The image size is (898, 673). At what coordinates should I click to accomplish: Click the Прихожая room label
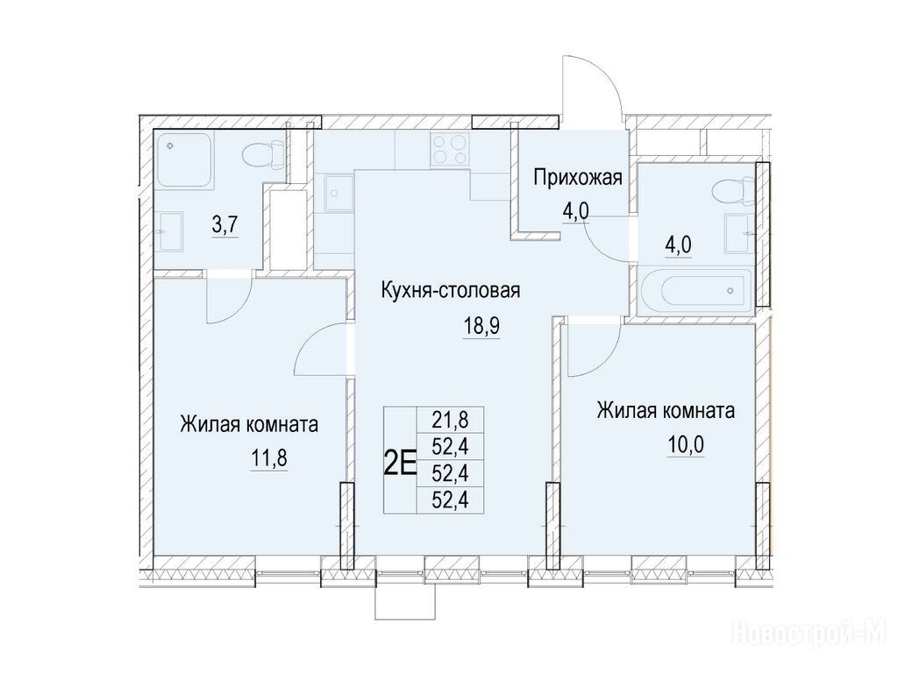pyautogui.click(x=577, y=177)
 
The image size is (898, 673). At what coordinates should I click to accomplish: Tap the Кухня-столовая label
pyautogui.click(x=451, y=290)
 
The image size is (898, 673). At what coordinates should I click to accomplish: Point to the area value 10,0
pyautogui.click(x=686, y=444)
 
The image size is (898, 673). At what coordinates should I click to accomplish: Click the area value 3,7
pyautogui.click(x=225, y=225)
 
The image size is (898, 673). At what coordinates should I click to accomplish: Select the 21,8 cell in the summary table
pyautogui.click(x=450, y=420)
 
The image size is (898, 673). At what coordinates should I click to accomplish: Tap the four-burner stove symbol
pyautogui.click(x=450, y=149)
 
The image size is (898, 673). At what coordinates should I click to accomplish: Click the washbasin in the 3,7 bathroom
pyautogui.click(x=169, y=231)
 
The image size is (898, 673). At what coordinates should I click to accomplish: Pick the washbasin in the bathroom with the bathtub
pyautogui.click(x=739, y=233)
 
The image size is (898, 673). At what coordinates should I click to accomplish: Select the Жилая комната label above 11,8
pyautogui.click(x=249, y=425)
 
